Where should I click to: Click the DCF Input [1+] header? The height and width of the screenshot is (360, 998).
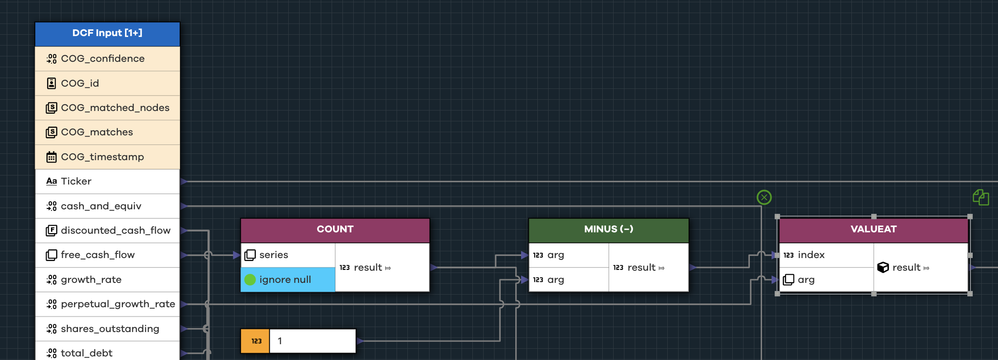point(107,33)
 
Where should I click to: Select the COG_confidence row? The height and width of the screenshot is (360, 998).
point(107,59)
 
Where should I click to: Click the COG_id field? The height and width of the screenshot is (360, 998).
point(107,83)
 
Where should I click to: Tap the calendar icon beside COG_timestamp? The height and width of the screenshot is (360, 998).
point(51,157)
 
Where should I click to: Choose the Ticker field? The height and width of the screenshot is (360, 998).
point(107,181)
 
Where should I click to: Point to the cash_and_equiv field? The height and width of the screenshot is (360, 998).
point(107,206)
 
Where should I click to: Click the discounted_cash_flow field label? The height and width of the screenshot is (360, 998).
point(116,231)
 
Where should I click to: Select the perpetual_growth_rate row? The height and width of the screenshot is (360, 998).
point(107,304)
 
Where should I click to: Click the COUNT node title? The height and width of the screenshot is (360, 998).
point(335,229)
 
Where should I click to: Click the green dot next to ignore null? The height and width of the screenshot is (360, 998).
point(250,280)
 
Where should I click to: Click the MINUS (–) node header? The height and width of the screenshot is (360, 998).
point(608,229)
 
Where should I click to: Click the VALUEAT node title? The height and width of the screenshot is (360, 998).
point(873,229)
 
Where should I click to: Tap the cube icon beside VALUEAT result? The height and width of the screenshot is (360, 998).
point(882,268)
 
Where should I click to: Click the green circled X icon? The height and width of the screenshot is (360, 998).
point(764,197)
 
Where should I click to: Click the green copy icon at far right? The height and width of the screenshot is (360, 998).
point(980,197)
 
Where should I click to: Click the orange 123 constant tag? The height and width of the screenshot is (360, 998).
point(255,341)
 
